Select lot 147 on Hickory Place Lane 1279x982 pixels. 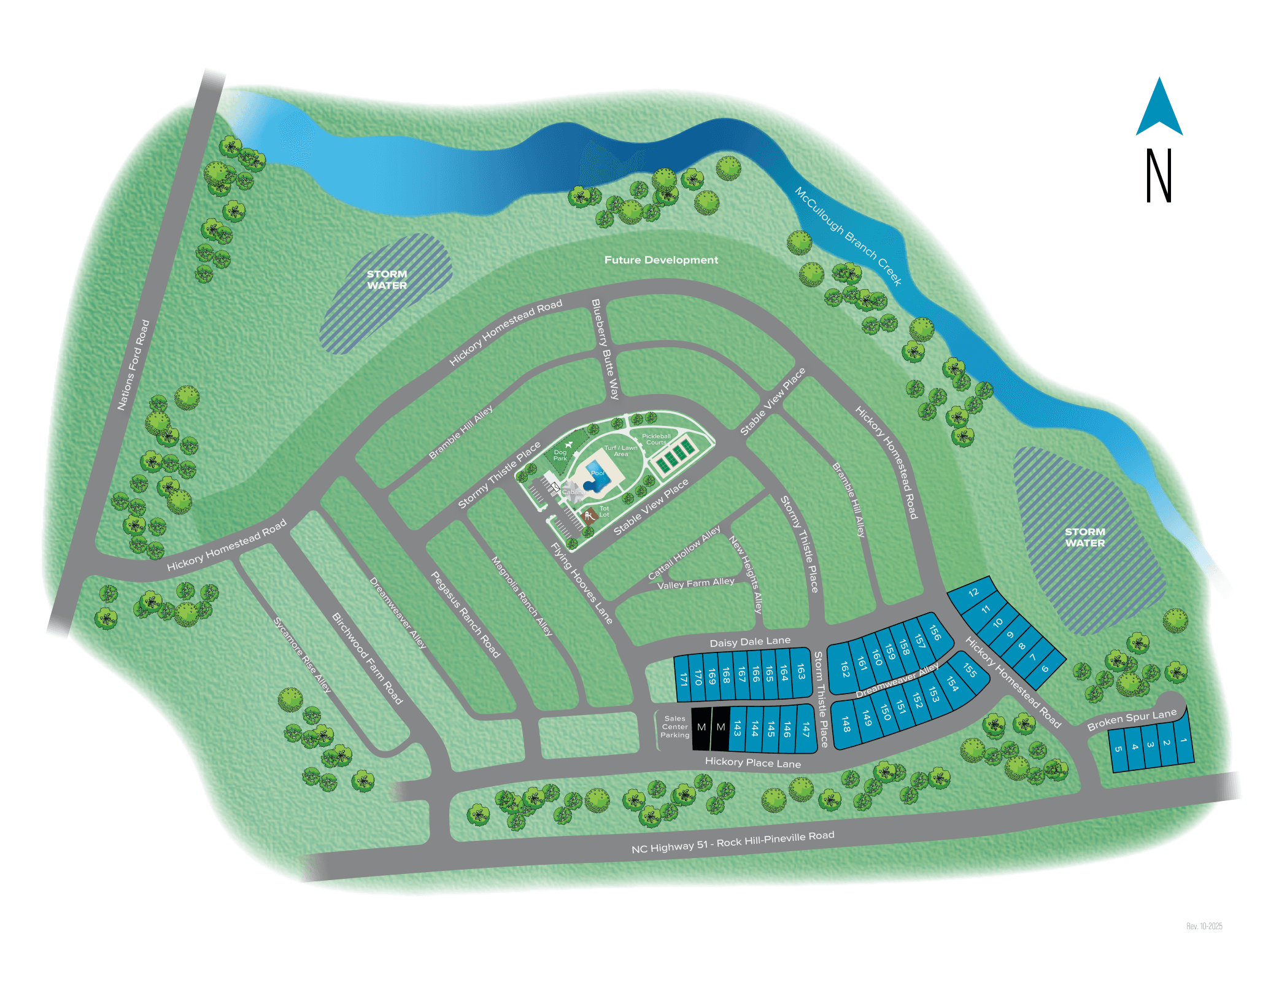coord(806,729)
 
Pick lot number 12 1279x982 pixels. coord(973,592)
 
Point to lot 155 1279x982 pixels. coord(970,670)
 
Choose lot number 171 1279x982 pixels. coord(683,679)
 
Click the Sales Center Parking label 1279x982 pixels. coord(674,727)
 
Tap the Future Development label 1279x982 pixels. coord(661,260)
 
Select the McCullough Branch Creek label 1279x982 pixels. coord(848,236)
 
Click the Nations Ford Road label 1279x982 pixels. coord(133,365)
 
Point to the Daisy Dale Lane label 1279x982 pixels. coord(750,641)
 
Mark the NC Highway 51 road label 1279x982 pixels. coord(733,842)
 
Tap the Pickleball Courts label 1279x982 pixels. coord(656,439)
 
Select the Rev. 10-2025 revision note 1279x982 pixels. coord(1204,926)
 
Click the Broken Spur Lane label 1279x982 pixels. coord(1132,720)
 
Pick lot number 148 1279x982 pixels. coord(846,724)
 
